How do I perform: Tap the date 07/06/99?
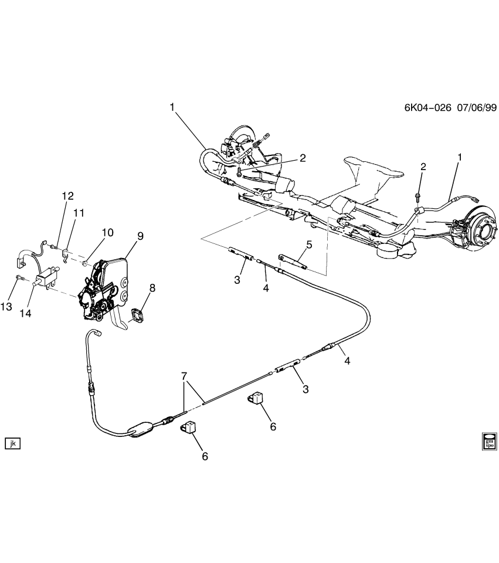(x=474, y=108)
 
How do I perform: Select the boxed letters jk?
(x=12, y=443)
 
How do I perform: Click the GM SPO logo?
(x=488, y=440)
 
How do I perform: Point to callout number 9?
(x=140, y=236)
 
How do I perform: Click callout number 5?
(x=309, y=244)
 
